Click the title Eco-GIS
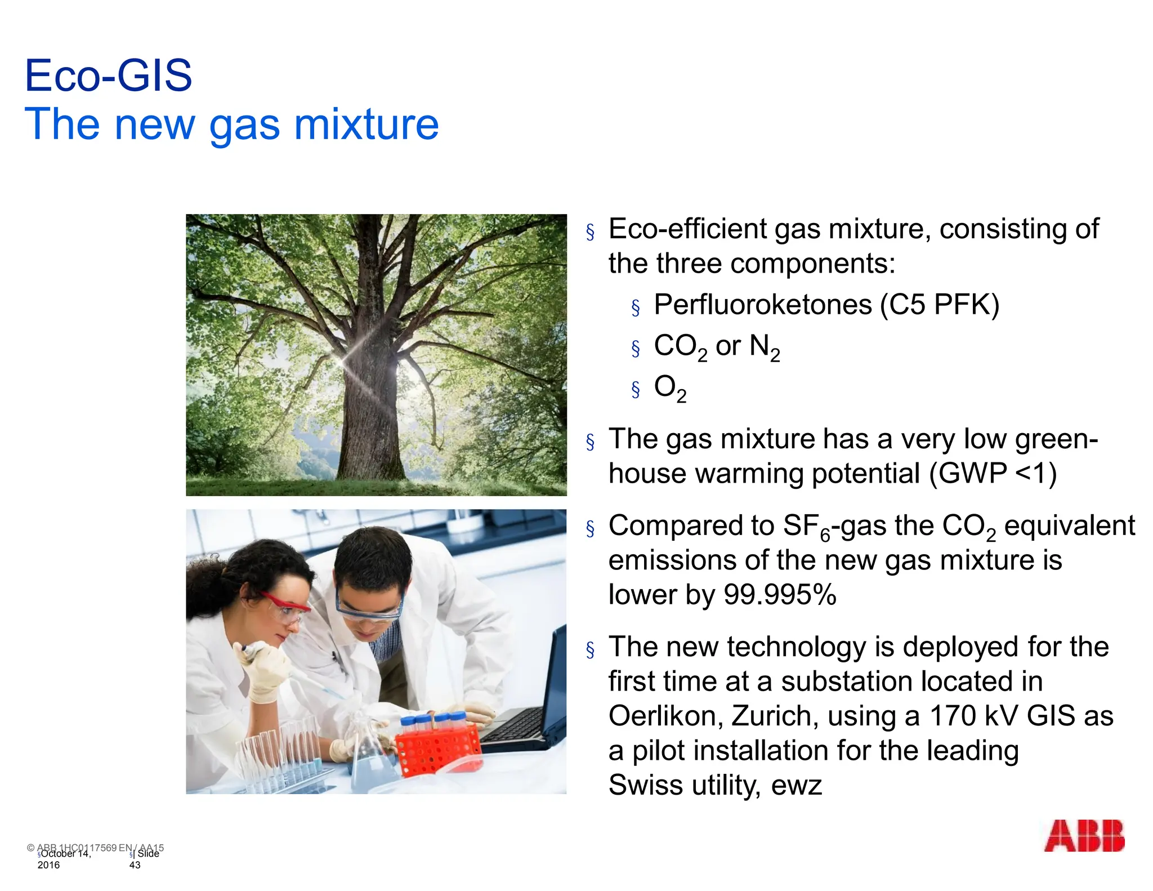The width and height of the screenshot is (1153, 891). (x=109, y=76)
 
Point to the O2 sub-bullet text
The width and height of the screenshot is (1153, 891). (x=670, y=388)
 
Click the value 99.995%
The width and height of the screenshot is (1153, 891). (x=780, y=595)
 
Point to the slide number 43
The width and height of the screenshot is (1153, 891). (x=135, y=865)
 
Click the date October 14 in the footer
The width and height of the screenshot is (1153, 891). (x=65, y=854)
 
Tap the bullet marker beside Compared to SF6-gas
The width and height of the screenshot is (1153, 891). (x=590, y=528)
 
